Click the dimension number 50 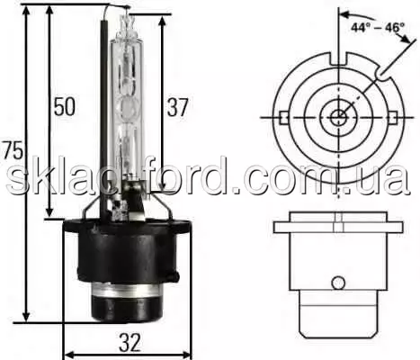(x=64, y=106)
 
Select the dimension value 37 (x=177, y=107)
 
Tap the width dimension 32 (x=130, y=343)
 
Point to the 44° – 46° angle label (x=378, y=28)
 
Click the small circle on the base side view (x=338, y=283)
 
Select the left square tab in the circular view (x=282, y=118)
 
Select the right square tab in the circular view (x=394, y=118)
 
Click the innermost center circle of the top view (x=338, y=118)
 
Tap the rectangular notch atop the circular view (x=338, y=58)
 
